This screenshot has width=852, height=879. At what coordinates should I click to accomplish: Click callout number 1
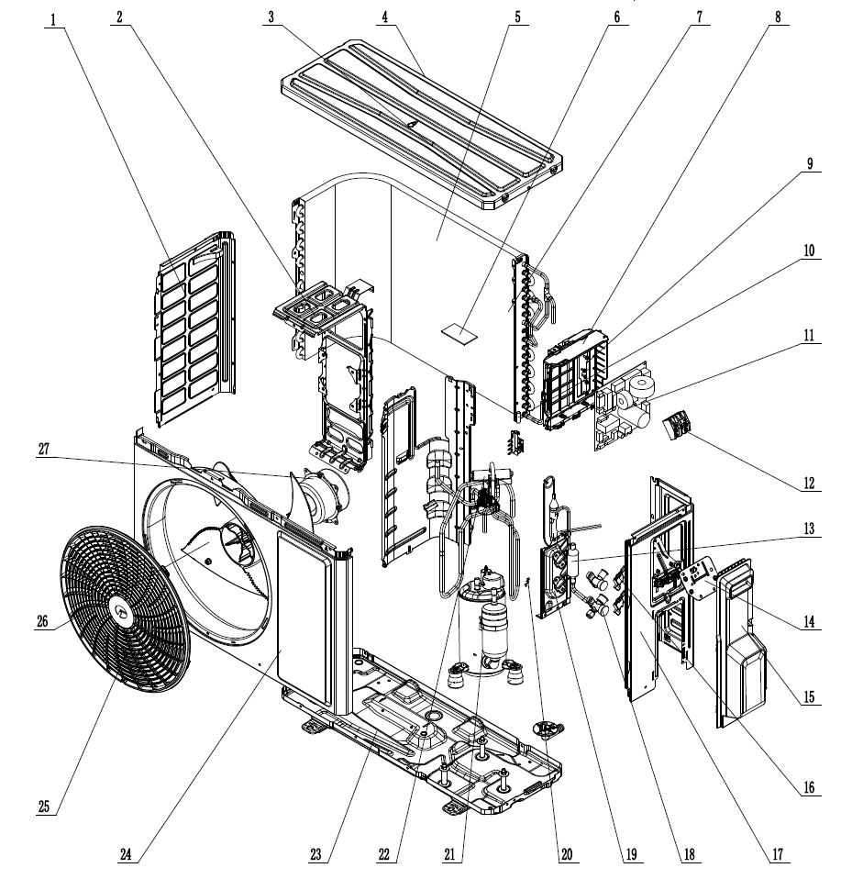coord(54,17)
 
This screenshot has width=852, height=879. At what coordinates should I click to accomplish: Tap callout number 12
coord(810,483)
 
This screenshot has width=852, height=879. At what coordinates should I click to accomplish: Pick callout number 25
coord(45,807)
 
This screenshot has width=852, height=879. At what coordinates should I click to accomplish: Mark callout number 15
coord(810,697)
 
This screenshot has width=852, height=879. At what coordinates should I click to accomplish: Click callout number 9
coord(810,165)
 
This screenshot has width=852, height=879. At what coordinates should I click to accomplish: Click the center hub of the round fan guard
coord(119,606)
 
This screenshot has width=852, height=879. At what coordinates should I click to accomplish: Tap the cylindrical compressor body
coord(496,624)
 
